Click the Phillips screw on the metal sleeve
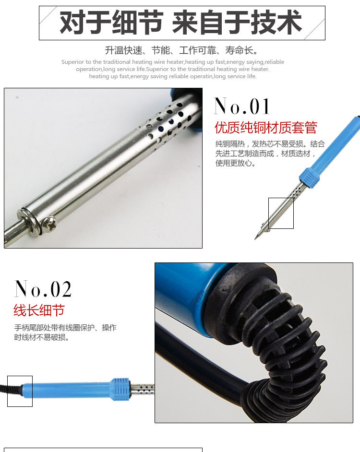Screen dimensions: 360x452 49,223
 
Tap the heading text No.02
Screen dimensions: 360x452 43,288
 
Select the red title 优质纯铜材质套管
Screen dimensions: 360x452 265,128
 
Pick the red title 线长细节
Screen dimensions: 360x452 39,310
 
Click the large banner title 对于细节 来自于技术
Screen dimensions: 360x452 180,23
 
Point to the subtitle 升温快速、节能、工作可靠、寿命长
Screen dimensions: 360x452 181,50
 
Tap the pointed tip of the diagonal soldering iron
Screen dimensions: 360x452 255,238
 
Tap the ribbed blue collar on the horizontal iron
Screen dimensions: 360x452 120,389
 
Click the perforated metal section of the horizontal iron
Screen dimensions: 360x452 142,389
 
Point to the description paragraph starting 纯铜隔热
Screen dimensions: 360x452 270,154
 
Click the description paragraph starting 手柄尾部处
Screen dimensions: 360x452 65,332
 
